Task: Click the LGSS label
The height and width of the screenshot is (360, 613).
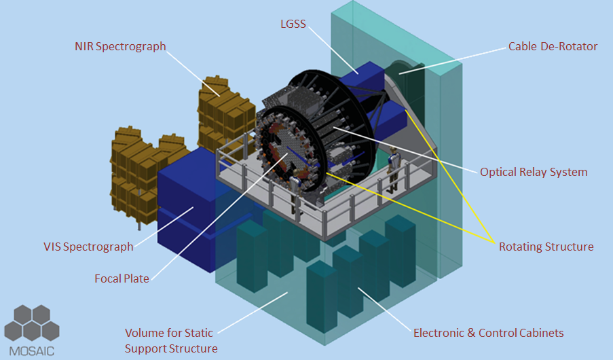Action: click(x=293, y=24)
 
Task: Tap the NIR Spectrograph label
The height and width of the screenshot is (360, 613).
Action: click(x=120, y=46)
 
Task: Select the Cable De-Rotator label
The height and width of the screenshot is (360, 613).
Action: click(x=553, y=46)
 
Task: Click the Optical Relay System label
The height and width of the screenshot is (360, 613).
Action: click(x=534, y=172)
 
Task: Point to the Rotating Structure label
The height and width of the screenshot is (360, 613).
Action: click(x=546, y=247)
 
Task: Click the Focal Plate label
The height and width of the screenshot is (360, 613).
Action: click(x=122, y=278)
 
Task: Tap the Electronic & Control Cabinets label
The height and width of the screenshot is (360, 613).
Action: click(x=489, y=333)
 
